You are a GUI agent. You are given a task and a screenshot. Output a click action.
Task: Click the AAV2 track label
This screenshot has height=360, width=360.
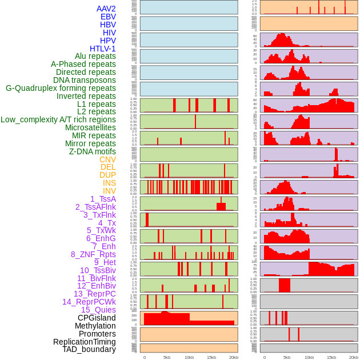click(x=106, y=9)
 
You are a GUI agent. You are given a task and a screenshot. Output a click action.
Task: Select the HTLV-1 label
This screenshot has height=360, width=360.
click(x=103, y=49)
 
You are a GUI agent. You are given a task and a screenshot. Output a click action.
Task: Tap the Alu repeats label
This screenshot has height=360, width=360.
click(x=95, y=56)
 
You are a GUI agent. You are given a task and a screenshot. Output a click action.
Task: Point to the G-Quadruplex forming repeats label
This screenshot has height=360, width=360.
click(x=61, y=88)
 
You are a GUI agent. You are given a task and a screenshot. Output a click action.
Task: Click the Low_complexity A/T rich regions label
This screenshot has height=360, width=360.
click(x=58, y=119)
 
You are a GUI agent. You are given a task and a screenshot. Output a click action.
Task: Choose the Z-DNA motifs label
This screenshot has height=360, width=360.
click(x=93, y=151)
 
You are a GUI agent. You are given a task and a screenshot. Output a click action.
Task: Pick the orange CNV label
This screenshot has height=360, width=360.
click(x=107, y=159)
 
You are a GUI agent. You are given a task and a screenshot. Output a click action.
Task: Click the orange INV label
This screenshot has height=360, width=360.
click(x=109, y=191)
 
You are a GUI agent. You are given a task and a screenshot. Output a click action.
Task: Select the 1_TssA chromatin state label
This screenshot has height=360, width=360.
click(x=103, y=199)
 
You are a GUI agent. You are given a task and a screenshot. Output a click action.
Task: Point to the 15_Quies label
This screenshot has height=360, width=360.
click(x=98, y=310)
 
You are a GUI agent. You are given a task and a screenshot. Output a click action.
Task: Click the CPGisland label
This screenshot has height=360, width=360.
click(x=97, y=318)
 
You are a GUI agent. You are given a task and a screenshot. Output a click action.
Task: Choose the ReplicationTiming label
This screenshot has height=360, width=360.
click(x=85, y=342)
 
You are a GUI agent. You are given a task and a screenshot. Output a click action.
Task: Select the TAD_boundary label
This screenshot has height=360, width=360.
click(x=89, y=349)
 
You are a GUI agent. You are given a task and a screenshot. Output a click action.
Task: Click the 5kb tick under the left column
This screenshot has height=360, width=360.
click(x=167, y=357)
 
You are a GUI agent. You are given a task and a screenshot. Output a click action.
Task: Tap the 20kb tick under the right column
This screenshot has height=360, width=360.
click(x=353, y=357)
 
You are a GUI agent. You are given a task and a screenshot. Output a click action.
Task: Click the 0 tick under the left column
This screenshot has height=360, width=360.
click(x=144, y=357)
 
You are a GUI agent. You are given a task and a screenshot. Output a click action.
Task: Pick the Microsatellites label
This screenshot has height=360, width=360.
click(x=90, y=127)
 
